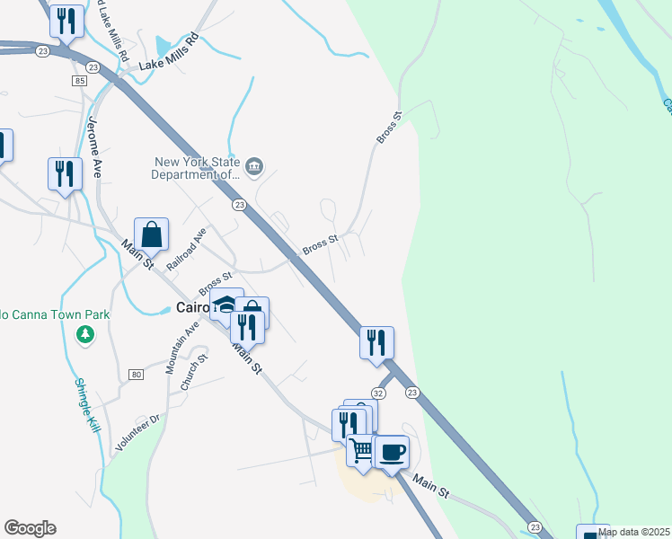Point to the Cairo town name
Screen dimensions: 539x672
pyautogui.click(x=191, y=307)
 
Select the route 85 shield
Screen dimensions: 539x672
pyautogui.click(x=81, y=82)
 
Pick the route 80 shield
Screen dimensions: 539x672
pyautogui.click(x=136, y=374)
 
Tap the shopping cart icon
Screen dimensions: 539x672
pyautogui.click(x=360, y=449)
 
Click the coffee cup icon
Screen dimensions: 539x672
pyautogui.click(x=391, y=451)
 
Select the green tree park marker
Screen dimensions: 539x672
pyautogui.click(x=85, y=335)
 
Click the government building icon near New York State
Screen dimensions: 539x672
pyautogui.click(x=255, y=164)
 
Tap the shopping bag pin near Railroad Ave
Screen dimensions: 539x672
pyautogui.click(x=152, y=235)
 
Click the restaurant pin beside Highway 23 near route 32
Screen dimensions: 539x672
pyautogui.click(x=376, y=342)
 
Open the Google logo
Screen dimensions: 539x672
pyautogui.click(x=30, y=528)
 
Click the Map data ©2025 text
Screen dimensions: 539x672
pyautogui.click(x=633, y=532)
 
